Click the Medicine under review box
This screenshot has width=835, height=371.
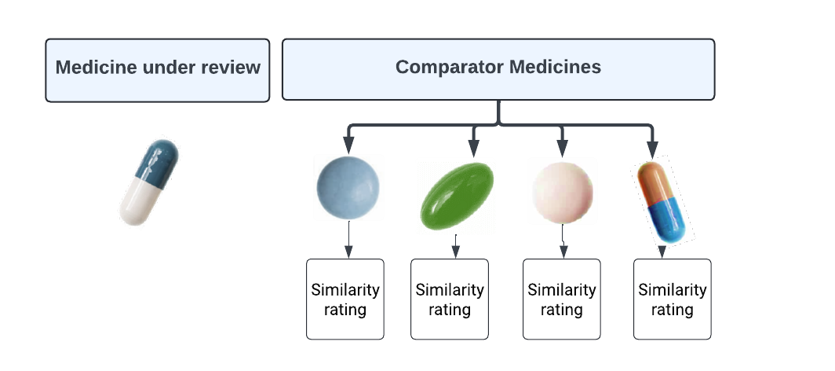pos(157,70)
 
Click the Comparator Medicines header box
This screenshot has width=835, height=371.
pos(498,69)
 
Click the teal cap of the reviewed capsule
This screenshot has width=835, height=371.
pos(159,160)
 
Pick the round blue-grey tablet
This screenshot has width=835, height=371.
pos(348,188)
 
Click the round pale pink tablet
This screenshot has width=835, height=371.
pos(562,191)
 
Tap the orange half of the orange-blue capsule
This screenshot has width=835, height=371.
pos(654,182)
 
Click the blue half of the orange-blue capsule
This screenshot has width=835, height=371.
pos(672,219)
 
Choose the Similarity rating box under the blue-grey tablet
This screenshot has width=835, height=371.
pos(345,299)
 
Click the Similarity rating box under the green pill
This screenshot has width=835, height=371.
pos(450,299)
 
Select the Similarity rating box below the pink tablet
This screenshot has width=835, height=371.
pos(561,299)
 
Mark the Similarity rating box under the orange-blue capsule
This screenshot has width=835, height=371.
pos(672,299)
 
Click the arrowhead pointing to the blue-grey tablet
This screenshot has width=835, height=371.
pos(348,146)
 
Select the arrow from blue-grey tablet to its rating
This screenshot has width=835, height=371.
pos(348,240)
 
